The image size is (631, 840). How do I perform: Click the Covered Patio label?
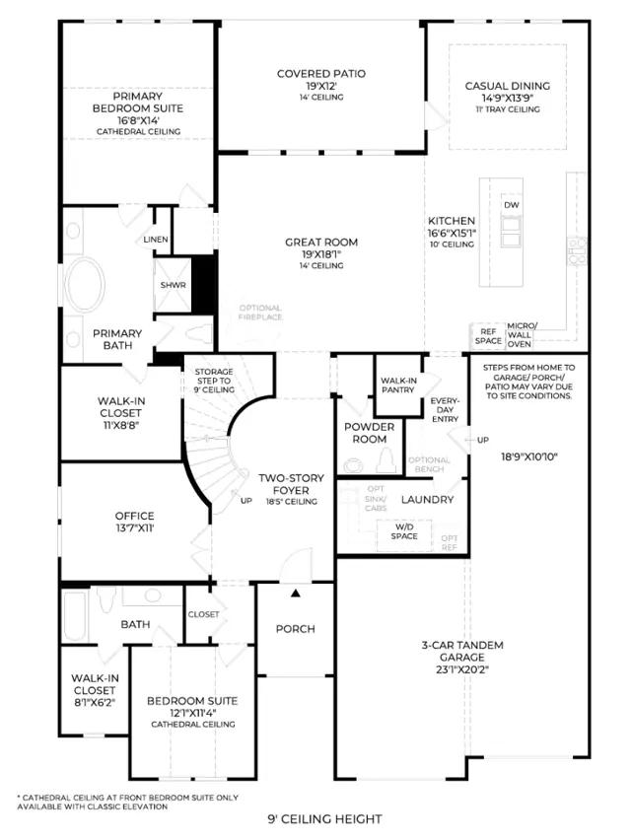(x=320, y=73)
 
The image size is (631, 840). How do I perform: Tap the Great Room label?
(x=320, y=243)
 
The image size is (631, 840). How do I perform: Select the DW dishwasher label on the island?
(x=512, y=205)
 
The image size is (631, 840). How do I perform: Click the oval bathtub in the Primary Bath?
(x=85, y=285)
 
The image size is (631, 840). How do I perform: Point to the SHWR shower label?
(x=173, y=285)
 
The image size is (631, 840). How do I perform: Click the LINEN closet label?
(x=156, y=240)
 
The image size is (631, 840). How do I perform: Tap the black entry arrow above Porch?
(x=296, y=594)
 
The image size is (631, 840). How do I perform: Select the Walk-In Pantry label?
(x=398, y=385)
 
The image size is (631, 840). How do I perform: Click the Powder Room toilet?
(x=386, y=460)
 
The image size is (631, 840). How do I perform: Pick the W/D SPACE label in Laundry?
(x=404, y=531)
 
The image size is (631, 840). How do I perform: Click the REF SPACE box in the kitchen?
(x=488, y=336)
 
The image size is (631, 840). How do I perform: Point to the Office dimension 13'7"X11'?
(x=134, y=528)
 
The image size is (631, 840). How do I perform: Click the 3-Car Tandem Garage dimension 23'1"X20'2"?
(x=462, y=669)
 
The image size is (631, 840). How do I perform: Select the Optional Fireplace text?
(x=260, y=313)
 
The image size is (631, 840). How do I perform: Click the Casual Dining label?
(x=507, y=86)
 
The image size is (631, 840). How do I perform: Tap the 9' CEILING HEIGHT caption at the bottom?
(x=324, y=819)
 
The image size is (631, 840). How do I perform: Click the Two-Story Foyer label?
(x=291, y=484)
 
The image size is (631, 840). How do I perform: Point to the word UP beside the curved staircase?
(x=245, y=501)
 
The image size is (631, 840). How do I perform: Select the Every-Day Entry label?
(x=445, y=410)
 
